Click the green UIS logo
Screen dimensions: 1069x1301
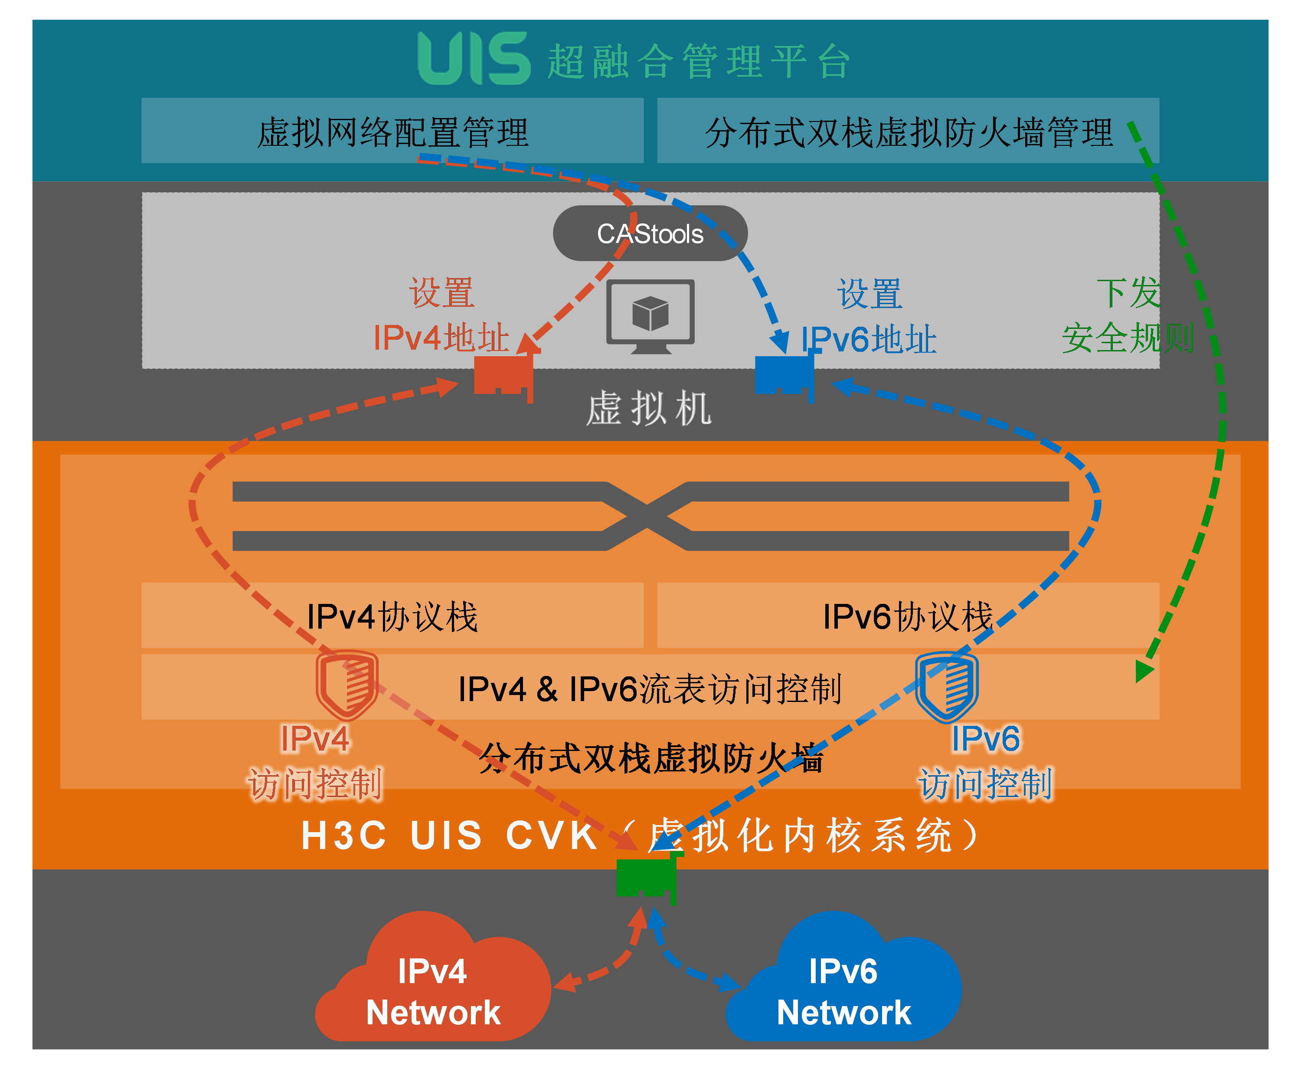473,59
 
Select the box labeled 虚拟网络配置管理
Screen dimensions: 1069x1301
392,131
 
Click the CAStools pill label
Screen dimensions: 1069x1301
650,233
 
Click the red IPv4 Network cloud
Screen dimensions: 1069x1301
433,985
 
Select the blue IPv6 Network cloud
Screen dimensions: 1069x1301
843,985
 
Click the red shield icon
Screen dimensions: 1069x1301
346,685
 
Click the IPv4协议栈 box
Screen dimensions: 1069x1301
392,616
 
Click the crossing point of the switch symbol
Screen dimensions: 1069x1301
647,516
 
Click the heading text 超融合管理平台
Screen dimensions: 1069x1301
699,62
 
